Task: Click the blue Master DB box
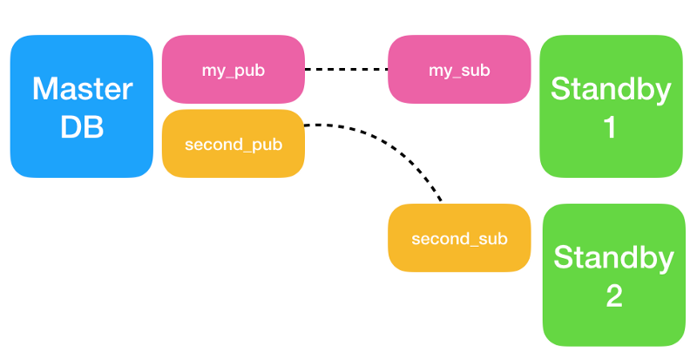tap(82, 106)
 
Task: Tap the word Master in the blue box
tap(83, 89)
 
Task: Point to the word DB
tap(82, 126)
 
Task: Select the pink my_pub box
tap(233, 70)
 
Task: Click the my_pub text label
tap(233, 71)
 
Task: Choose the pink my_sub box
tap(459, 70)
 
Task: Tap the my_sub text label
tap(459, 71)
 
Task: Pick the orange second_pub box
tap(233, 144)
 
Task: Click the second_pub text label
tap(233, 145)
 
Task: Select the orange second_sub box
tap(459, 238)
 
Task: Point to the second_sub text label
tap(459, 239)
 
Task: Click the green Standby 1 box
tap(612, 106)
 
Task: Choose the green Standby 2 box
tap(614, 275)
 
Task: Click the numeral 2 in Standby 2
tap(614, 295)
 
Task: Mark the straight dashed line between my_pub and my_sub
tap(346, 70)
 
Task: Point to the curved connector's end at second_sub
tap(441, 201)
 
